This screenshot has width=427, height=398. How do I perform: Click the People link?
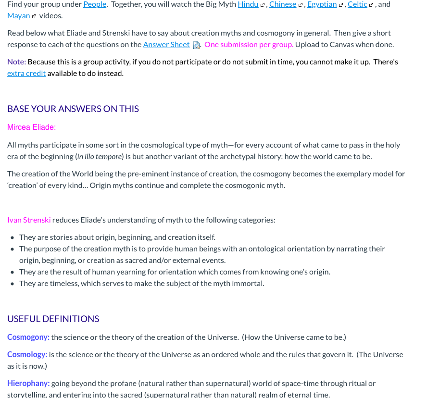click(x=95, y=4)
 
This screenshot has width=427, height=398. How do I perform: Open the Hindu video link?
click(x=248, y=4)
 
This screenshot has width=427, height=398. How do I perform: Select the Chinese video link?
click(x=283, y=4)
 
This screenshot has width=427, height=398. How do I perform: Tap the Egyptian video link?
click(x=322, y=4)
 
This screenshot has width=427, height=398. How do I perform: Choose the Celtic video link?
click(x=357, y=4)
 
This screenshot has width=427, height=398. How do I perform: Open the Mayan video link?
click(x=18, y=16)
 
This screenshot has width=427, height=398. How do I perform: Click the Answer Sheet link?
click(x=166, y=45)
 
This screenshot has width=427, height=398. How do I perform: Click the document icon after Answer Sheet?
click(x=196, y=45)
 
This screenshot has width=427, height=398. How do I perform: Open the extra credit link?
click(x=26, y=74)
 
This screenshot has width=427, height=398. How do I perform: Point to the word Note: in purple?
click(x=17, y=62)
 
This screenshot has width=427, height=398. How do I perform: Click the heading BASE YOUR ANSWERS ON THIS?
click(x=73, y=109)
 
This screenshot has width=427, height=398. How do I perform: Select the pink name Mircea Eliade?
click(x=32, y=127)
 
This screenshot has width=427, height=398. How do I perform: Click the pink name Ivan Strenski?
click(x=29, y=220)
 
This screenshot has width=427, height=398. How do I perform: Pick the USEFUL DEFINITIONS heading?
click(x=53, y=319)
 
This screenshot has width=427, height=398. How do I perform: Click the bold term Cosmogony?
click(x=28, y=337)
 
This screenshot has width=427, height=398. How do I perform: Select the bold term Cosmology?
click(x=27, y=355)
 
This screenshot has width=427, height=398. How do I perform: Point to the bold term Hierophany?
click(x=28, y=384)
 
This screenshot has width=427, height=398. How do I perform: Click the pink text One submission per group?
click(x=249, y=45)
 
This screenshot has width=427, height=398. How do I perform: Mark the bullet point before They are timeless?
click(x=13, y=284)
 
